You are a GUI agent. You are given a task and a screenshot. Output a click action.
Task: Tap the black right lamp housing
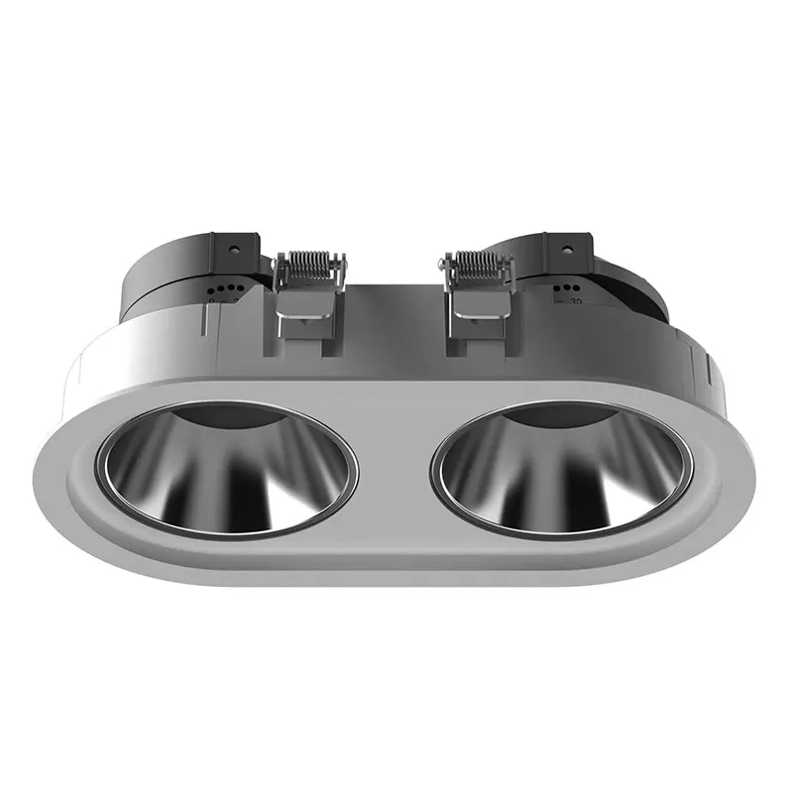click(x=624, y=283)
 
